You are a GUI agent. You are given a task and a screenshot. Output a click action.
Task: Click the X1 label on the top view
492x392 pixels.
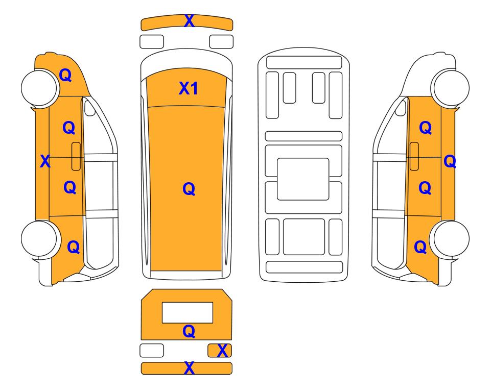click(188, 88)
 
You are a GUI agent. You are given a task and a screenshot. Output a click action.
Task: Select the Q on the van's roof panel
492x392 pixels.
click(189, 189)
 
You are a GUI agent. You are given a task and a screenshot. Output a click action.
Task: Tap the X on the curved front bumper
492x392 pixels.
click(189, 21)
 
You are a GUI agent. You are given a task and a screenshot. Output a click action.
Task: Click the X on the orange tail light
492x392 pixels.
click(222, 351)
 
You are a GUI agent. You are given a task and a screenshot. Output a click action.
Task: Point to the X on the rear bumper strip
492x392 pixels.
click(189, 368)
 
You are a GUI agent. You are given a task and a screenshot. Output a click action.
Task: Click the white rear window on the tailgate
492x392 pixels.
click(188, 313)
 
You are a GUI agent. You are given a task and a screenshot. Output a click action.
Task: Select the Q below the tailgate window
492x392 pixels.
click(189, 331)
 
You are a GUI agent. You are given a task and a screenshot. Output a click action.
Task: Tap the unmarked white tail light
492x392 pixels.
click(152, 350)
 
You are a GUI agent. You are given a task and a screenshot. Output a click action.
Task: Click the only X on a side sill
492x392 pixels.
click(45, 161)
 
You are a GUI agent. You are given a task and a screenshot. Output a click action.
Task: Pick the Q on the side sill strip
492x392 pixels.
click(450, 161)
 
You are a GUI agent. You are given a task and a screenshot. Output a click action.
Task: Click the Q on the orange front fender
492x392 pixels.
click(65, 75)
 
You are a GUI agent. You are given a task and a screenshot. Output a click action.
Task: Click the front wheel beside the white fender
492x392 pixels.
click(450, 88)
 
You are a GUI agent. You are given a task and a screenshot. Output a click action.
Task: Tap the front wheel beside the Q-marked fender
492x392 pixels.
click(40, 88)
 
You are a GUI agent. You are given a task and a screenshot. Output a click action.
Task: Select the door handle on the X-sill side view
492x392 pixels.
click(76, 156)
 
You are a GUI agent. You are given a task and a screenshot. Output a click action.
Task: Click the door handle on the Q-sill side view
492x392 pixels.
click(414, 156)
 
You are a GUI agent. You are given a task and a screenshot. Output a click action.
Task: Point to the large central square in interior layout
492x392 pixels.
click(303, 179)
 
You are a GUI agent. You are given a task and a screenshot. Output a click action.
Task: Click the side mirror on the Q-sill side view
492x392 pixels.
click(401, 108)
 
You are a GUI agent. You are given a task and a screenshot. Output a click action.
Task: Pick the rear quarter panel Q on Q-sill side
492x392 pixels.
click(420, 247)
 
